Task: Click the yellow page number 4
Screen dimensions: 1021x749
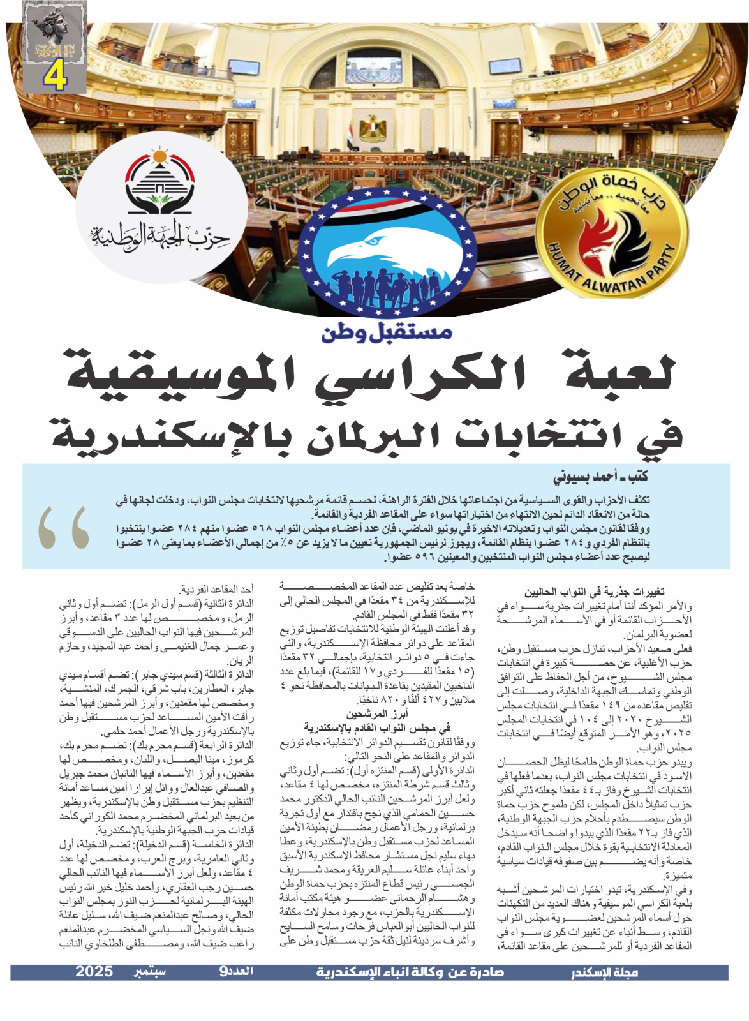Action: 56,77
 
